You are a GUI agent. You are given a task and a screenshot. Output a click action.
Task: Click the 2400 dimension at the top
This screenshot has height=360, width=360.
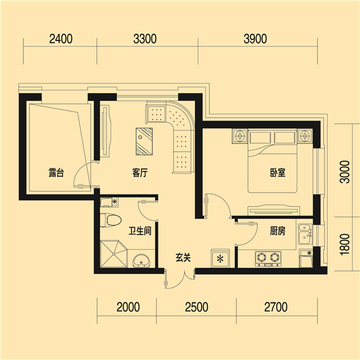point(61,39)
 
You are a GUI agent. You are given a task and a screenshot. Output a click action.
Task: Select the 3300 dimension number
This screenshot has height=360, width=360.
point(145,39)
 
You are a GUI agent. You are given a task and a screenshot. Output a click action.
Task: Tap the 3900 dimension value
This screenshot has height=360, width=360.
point(256,39)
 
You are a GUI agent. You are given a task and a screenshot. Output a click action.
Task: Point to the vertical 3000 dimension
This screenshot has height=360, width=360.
point(344,172)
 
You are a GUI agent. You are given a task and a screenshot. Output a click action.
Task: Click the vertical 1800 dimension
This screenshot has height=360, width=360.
point(344,245)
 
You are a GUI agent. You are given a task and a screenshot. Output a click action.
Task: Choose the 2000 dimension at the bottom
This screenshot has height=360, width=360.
point(128,307)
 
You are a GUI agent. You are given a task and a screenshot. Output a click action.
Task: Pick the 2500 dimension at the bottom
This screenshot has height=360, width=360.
point(197,307)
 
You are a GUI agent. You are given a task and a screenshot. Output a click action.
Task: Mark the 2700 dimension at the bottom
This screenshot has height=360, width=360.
point(276,307)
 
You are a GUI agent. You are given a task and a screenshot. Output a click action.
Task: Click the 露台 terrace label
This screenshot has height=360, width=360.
point(56,173)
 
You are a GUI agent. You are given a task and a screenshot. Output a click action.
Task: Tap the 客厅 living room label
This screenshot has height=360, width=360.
point(140,173)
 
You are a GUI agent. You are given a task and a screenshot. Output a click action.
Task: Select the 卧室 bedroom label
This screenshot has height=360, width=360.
point(278,173)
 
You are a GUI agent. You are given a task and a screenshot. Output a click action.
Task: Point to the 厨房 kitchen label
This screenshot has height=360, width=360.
point(278,231)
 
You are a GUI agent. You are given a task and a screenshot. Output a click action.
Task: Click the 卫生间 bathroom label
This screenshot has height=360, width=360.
point(140,231)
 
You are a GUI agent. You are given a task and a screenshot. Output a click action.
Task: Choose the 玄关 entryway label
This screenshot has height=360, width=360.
point(183,257)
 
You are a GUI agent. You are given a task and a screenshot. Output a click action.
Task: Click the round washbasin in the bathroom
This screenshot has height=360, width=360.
point(141,260)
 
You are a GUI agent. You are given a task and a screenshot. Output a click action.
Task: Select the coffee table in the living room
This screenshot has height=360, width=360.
point(144,142)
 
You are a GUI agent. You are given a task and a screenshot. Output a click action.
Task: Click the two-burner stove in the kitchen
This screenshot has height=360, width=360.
point(268,259)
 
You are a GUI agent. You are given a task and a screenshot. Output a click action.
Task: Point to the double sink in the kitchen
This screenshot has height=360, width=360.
point(305,234)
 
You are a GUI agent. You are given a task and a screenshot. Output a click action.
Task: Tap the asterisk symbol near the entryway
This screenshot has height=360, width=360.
point(220,259)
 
